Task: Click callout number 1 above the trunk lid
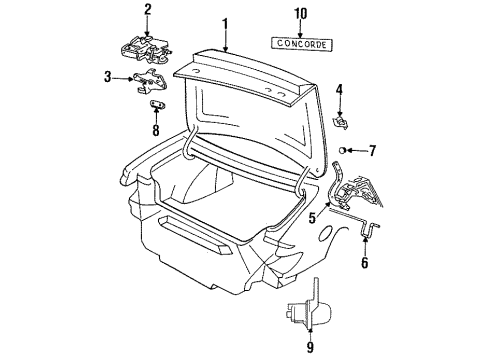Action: [x=226, y=22]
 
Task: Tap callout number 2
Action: [x=147, y=11]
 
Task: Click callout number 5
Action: [x=313, y=214]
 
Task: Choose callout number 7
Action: [x=373, y=151]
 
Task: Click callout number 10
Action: [x=302, y=14]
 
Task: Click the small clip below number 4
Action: [x=340, y=121]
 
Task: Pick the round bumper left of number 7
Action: [x=345, y=151]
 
